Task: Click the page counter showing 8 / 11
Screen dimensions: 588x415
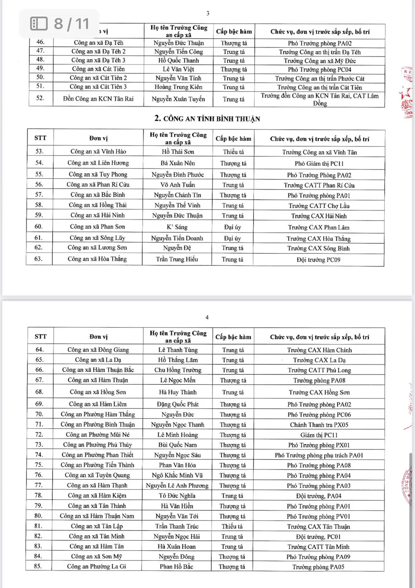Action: (x=60, y=24)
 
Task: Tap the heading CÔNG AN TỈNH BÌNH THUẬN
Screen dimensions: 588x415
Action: (x=207, y=119)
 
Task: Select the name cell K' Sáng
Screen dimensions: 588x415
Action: (x=177, y=227)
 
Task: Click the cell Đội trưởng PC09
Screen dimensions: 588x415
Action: (x=318, y=260)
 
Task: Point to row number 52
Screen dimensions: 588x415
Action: (x=40, y=98)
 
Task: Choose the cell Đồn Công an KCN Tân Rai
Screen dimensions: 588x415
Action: (x=98, y=99)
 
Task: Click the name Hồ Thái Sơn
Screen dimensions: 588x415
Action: (x=178, y=152)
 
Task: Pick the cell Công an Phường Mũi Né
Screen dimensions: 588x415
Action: (x=98, y=435)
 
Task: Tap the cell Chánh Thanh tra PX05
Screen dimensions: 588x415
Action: (x=319, y=425)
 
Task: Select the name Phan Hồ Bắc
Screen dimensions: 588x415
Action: (x=176, y=566)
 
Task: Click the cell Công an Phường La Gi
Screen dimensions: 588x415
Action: (x=97, y=566)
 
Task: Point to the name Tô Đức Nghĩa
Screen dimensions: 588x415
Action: (x=177, y=496)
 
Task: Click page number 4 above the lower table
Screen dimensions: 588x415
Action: (x=207, y=317)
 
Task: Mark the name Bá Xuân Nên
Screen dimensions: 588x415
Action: (x=178, y=163)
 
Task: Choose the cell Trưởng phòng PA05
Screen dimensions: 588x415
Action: (x=318, y=567)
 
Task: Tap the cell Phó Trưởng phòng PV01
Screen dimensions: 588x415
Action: (x=318, y=516)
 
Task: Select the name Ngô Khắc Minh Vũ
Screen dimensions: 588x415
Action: (x=177, y=475)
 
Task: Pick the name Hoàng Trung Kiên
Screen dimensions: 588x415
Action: (x=178, y=87)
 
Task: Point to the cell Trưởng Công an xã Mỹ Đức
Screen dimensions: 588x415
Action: (x=320, y=61)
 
